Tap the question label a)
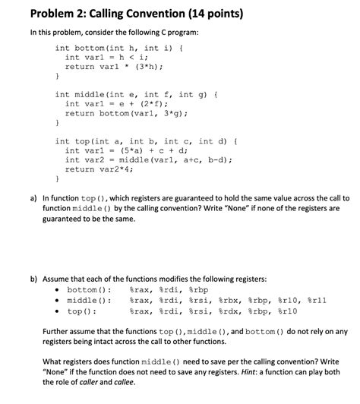click(x=34, y=197)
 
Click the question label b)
click(x=34, y=279)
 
